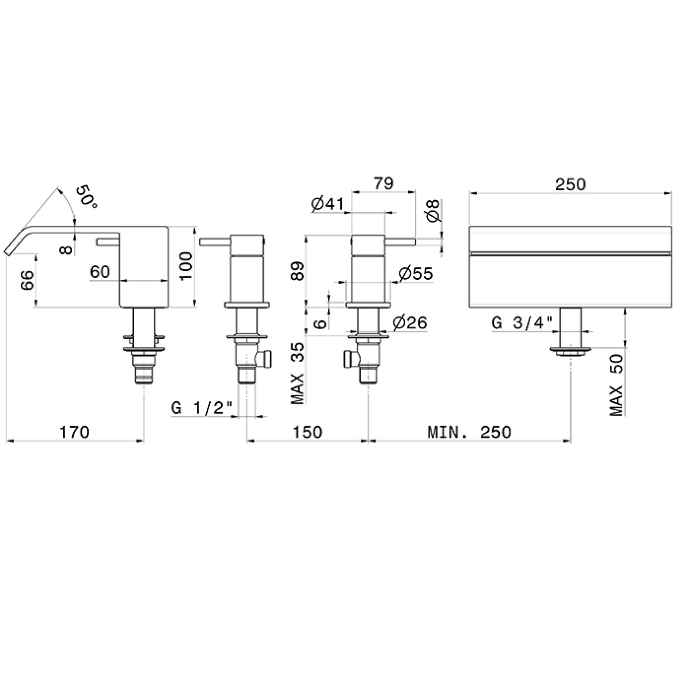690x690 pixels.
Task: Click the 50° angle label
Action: (x=87, y=197)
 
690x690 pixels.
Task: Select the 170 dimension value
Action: (x=75, y=432)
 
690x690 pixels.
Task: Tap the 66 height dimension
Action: (x=28, y=281)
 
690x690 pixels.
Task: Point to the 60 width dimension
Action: (x=100, y=272)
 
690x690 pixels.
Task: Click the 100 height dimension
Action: (x=185, y=265)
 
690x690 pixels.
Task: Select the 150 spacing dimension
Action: (x=307, y=432)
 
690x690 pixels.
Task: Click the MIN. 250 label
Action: (x=469, y=432)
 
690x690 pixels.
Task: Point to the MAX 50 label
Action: (x=616, y=385)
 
